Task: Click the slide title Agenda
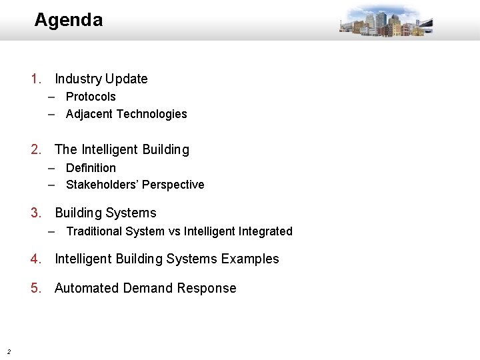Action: [x=68, y=20]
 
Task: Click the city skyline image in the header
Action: [x=385, y=21]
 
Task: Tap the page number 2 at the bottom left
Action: [x=8, y=351]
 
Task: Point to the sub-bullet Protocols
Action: [x=91, y=97]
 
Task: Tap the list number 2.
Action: [x=36, y=149]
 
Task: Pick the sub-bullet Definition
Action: [x=91, y=168]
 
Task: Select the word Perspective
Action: [x=173, y=185]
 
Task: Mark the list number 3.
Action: [x=36, y=213]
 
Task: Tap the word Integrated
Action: [x=265, y=231]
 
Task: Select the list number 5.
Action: [x=36, y=288]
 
